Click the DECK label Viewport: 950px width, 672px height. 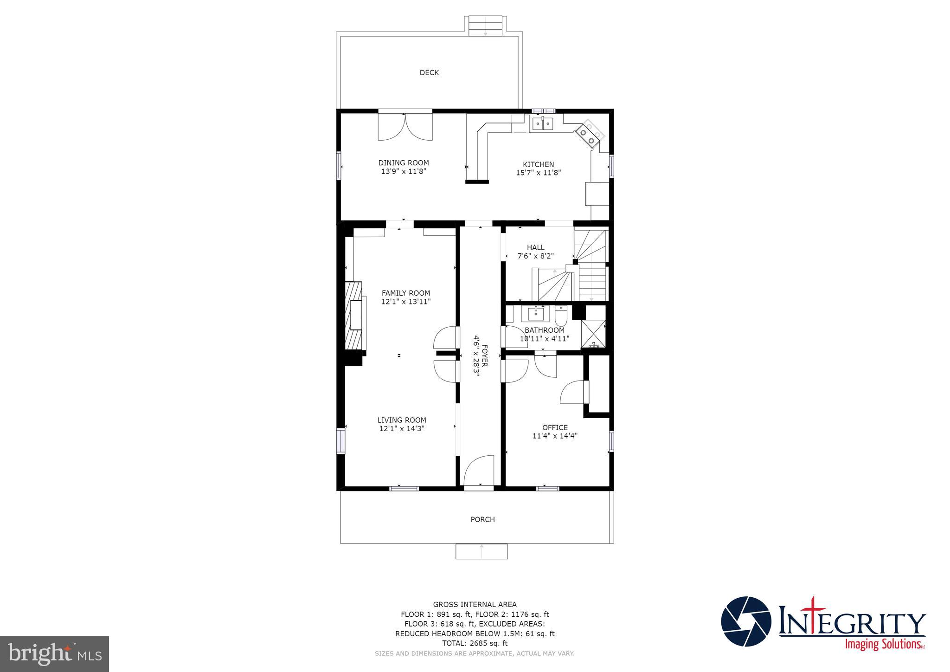[429, 72]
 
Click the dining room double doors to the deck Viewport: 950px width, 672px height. [405, 126]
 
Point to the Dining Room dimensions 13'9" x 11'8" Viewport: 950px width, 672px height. [404, 171]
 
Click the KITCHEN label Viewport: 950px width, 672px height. [538, 164]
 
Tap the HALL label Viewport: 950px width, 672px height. [535, 247]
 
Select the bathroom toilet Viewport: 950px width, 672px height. [561, 316]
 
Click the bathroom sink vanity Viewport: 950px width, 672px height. [535, 314]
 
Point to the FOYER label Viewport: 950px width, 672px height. [484, 355]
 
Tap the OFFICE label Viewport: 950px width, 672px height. [555, 427]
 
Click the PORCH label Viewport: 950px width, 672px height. [482, 519]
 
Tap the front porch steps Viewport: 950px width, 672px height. [481, 551]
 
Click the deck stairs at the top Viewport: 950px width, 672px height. [485, 26]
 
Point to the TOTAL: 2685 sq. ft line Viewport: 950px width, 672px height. [475, 643]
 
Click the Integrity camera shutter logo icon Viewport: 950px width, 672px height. [746, 621]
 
